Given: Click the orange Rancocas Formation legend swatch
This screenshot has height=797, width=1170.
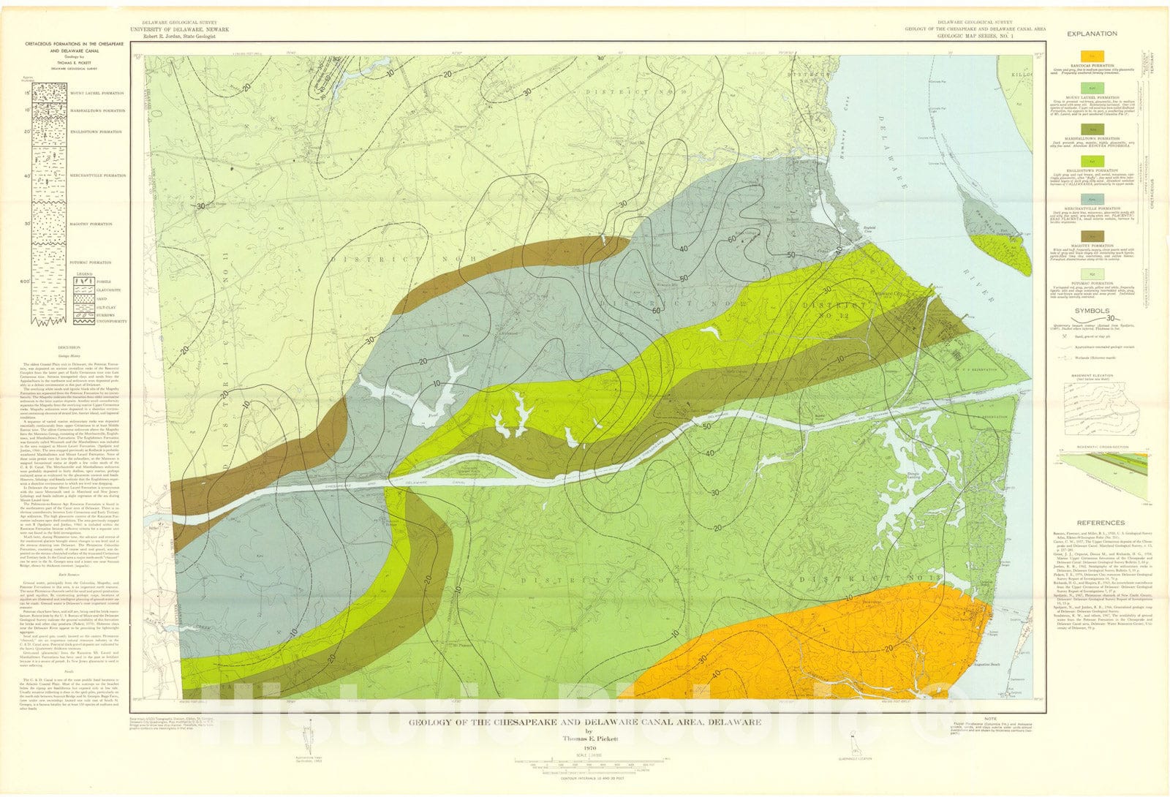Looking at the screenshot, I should [x=1091, y=56].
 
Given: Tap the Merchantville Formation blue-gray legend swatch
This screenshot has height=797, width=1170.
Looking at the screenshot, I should [x=1091, y=198].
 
